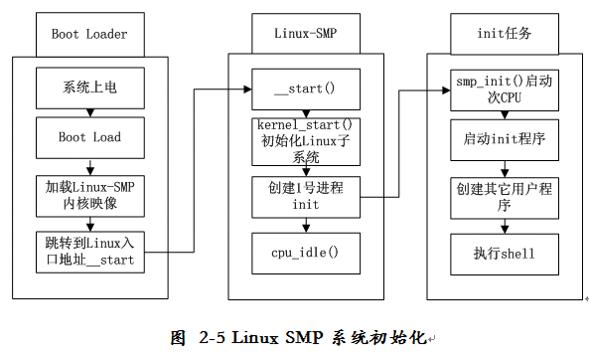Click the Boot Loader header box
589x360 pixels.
(x=89, y=34)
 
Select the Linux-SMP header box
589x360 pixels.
(x=305, y=34)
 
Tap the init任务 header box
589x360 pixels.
(x=504, y=34)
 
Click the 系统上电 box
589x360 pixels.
(x=89, y=88)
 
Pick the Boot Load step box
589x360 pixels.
(x=89, y=137)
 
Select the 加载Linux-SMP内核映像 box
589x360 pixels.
(x=89, y=195)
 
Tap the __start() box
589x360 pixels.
(x=305, y=89)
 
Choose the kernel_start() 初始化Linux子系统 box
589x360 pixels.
(x=305, y=142)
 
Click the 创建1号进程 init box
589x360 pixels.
(x=305, y=196)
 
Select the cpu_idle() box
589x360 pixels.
(x=305, y=253)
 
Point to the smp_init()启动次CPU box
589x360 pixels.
(x=504, y=88)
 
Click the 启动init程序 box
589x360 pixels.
(x=504, y=138)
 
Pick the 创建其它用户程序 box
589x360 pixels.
(x=504, y=196)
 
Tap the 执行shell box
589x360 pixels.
(x=504, y=253)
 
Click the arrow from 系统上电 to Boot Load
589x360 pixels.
(x=89, y=112)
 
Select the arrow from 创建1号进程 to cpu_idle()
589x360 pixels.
(x=305, y=225)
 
